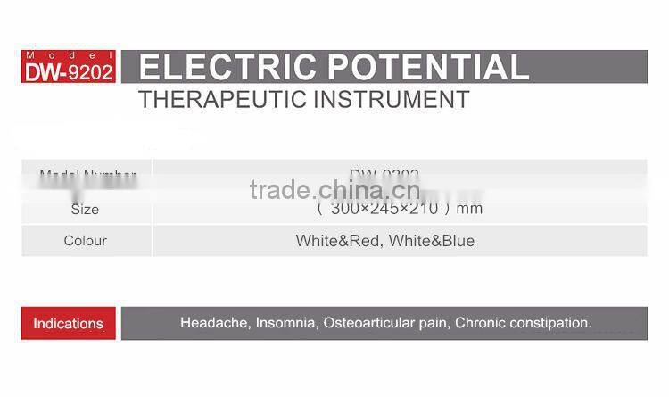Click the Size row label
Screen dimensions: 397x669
(x=85, y=210)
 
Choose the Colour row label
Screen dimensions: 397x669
(x=85, y=241)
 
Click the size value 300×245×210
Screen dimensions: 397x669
(x=384, y=210)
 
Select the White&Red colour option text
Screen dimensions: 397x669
(x=336, y=241)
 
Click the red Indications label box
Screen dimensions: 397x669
(x=69, y=323)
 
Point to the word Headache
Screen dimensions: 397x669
(x=211, y=323)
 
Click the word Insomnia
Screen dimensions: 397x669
(x=282, y=323)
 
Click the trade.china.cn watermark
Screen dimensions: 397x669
(x=334, y=189)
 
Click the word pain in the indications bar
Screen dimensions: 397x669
(x=434, y=323)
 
